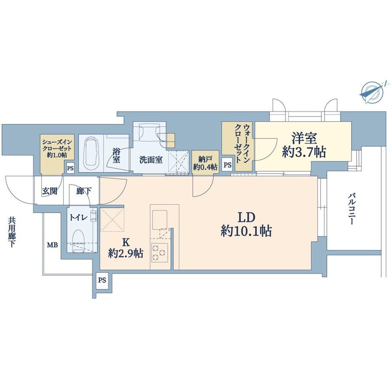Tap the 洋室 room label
[304, 138]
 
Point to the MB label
[52, 245]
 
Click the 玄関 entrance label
[49, 191]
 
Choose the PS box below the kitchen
[102, 280]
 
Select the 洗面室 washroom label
[151, 160]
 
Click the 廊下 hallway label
[83, 191]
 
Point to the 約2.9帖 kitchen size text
[125, 254]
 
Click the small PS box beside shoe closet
[70, 168]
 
